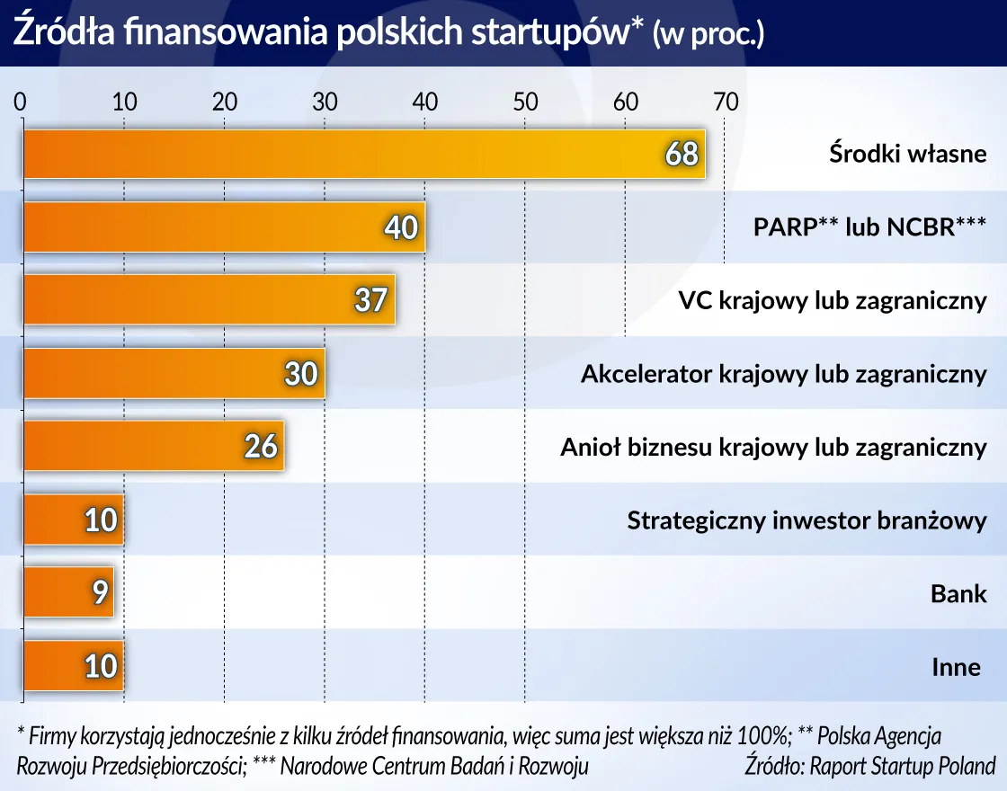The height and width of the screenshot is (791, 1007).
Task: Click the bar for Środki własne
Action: (360, 154)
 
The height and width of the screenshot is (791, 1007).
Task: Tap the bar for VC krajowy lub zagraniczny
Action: (207, 299)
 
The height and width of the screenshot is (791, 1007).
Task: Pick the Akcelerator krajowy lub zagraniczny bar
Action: (171, 373)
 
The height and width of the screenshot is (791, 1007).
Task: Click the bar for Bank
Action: (67, 592)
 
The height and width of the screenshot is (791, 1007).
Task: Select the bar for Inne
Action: (72, 666)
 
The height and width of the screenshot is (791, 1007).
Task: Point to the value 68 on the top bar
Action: (682, 155)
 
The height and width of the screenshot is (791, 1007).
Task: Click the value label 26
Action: (261, 447)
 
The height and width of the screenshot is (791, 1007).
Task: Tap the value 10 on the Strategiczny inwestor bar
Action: (101, 520)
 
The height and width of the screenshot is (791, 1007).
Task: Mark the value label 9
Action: (99, 593)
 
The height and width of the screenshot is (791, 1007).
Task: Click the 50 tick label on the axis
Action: (525, 102)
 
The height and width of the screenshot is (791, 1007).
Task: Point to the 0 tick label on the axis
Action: (21, 102)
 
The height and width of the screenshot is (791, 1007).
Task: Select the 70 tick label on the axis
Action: (725, 102)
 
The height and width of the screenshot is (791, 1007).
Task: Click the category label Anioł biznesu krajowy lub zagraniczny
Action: (773, 447)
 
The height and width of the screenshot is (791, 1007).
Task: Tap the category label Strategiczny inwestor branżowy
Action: (806, 520)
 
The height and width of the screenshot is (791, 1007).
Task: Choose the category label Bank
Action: (958, 593)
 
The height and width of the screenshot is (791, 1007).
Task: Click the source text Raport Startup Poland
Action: (903, 766)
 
